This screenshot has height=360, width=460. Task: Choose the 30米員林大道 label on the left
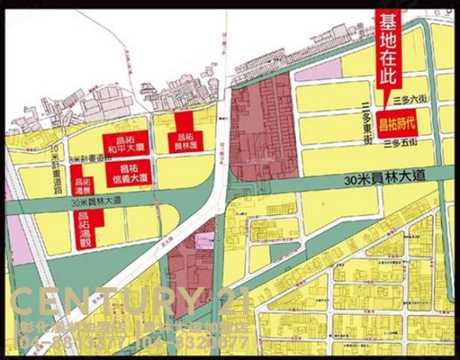tap(94, 202)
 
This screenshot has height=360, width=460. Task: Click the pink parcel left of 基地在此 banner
tap(323, 70)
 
